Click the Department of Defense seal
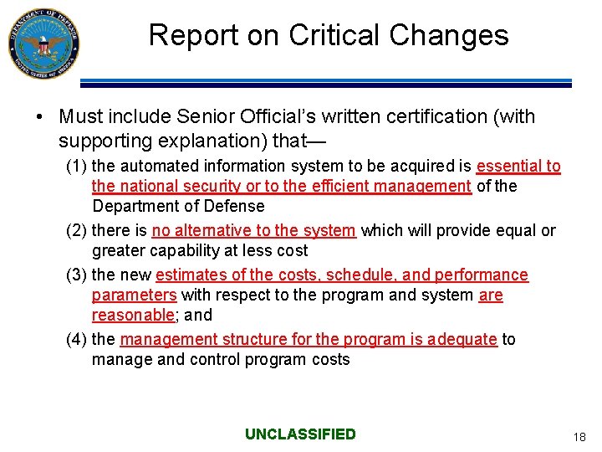click(x=43, y=44)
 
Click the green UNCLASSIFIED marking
click(x=300, y=434)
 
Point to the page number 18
click(x=579, y=437)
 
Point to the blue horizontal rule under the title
click(x=326, y=82)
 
